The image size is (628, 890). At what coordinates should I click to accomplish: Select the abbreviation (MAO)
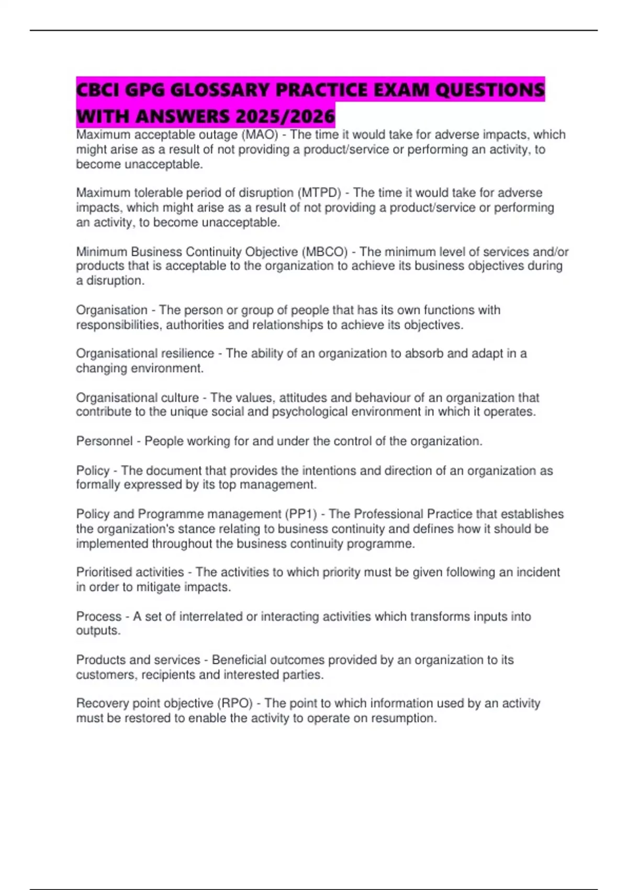(259, 135)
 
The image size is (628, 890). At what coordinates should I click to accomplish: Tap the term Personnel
(104, 441)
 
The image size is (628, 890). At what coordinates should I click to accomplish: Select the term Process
(99, 617)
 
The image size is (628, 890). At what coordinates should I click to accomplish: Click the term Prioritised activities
(130, 572)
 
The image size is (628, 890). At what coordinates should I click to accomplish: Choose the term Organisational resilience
(145, 353)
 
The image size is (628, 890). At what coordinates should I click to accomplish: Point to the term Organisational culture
(137, 398)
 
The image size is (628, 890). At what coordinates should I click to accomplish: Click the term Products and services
(138, 660)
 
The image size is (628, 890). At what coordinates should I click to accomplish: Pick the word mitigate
(158, 587)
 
